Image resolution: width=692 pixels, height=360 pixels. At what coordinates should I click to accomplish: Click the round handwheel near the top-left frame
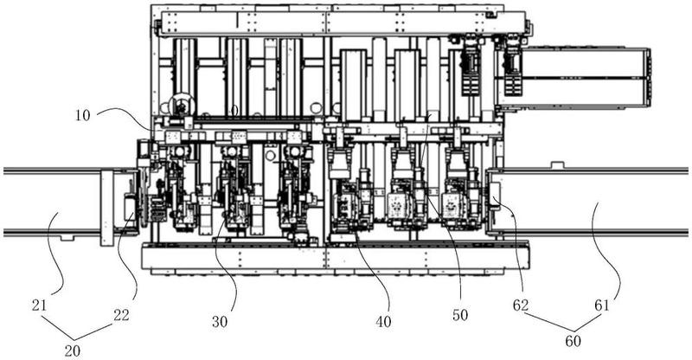coord(182,106)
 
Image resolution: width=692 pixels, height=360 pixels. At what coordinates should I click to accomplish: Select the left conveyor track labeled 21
coord(52,201)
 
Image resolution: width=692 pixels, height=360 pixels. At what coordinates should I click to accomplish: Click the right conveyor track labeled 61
coord(597,201)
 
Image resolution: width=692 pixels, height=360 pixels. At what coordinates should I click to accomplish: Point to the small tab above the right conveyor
coord(558,164)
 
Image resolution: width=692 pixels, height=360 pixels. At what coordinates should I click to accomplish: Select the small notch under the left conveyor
coord(67,235)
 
